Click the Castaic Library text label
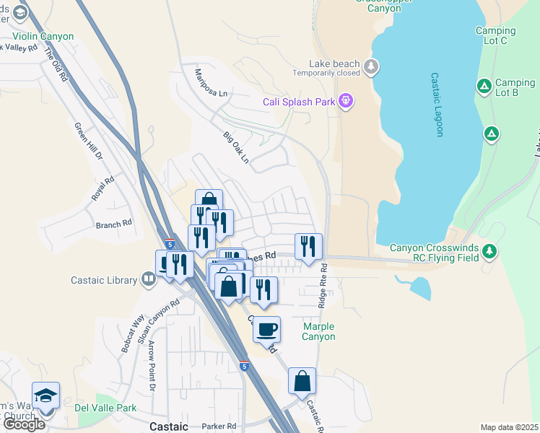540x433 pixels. tap(104, 280)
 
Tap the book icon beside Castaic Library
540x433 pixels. tap(149, 280)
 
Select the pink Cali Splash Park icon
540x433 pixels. tap(346, 101)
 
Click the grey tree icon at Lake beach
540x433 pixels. tap(371, 67)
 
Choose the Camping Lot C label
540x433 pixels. tap(496, 35)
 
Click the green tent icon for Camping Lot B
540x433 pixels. tap(484, 87)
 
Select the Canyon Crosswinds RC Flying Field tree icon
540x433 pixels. tap(490, 250)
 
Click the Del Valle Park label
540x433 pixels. tap(105, 407)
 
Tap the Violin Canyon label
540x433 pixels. tap(43, 36)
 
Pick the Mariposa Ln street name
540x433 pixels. tap(211, 83)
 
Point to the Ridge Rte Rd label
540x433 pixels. tap(323, 286)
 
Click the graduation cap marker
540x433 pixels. tap(46, 395)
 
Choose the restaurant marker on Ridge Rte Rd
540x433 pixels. tap(308, 246)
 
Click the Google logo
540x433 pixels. tap(24, 424)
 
